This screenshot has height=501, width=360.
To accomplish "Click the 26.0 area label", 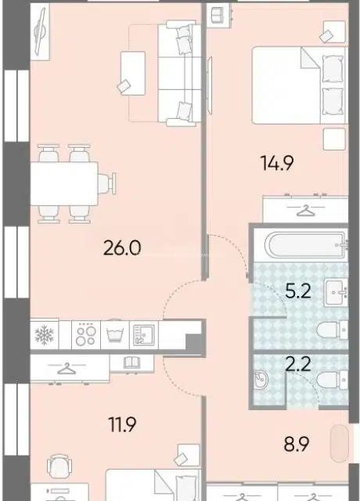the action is pos(122,248).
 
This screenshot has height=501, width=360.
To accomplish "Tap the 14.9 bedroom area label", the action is pos(277,163).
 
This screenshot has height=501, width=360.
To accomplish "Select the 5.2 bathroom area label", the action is pos(297,290).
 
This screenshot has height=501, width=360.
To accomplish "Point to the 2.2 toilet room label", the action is pos(297,363).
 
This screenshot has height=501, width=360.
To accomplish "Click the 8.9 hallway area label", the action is pos(297,444).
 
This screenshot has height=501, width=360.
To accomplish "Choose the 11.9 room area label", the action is pos(122,424).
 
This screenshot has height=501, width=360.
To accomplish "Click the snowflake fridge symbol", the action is pos(44,335).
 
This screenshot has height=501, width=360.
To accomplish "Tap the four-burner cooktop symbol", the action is pos(86,335).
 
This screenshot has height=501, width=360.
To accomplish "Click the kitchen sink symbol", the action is pos(144,335).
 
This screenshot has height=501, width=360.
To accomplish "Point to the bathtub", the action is pos(308,245).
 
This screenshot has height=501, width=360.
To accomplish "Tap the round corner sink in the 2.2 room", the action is pos(261,380).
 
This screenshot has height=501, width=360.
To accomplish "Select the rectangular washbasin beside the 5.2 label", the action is pos(336,292).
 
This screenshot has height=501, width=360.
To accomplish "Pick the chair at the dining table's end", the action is pos(106,183).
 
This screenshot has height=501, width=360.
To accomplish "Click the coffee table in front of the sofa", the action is pos(132,73).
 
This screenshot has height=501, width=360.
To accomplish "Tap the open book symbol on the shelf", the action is pos(131,362).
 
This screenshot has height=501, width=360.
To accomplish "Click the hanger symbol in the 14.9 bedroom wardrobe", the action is pos(306,211).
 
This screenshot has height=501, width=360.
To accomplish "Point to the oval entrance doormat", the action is pos(340,443).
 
